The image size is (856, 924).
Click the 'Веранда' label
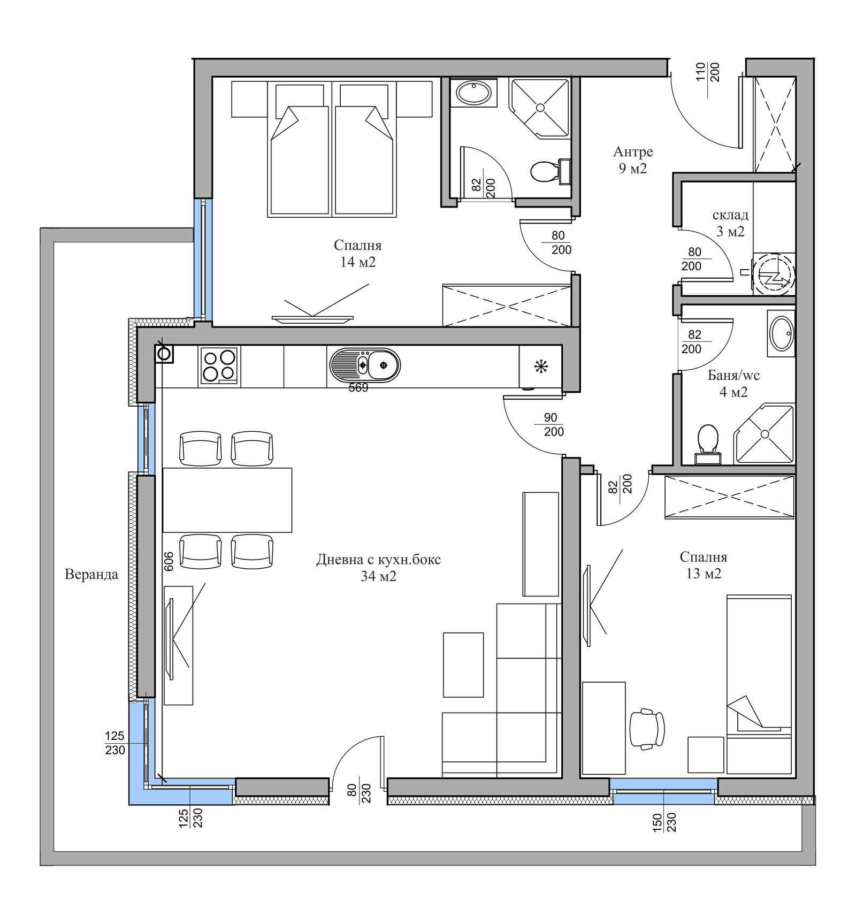(91, 575)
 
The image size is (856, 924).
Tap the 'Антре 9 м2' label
(633, 160)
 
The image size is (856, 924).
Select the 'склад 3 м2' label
(730, 223)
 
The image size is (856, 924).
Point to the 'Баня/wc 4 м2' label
(733, 384)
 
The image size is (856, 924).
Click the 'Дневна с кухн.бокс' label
(379, 560)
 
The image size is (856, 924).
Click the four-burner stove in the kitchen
(219, 365)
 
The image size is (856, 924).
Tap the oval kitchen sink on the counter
(365, 365)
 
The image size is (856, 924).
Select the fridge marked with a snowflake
(540, 366)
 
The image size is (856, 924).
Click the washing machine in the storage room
(774, 274)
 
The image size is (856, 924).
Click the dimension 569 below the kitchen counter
(358, 388)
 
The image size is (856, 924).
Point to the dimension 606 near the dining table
(169, 561)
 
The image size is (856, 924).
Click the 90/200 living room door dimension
(551, 424)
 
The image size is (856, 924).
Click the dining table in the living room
(227, 500)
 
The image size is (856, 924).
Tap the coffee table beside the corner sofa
(463, 665)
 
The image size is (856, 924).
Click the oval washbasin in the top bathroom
(473, 93)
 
